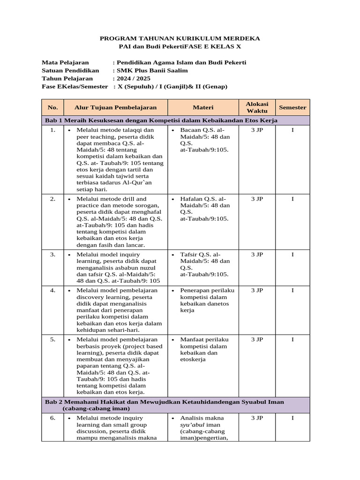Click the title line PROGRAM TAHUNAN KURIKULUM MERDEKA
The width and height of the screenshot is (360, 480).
[x=180, y=38]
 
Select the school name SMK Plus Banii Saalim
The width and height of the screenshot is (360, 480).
[x=152, y=70]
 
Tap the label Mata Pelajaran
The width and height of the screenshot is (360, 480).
[x=65, y=62]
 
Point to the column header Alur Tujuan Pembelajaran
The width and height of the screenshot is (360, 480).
[x=115, y=107]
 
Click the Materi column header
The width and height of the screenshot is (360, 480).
[x=203, y=107]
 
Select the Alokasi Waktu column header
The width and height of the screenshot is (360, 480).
[x=256, y=107]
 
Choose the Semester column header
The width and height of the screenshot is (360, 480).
[x=292, y=107]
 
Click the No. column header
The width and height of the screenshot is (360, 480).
[x=53, y=107]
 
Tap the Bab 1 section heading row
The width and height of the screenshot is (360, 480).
[x=161, y=120]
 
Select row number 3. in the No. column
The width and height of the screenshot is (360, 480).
[x=53, y=254]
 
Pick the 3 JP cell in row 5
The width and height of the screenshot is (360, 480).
[x=257, y=339]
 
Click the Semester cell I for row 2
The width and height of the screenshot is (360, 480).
[x=292, y=199]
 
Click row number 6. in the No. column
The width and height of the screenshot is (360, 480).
[x=53, y=418]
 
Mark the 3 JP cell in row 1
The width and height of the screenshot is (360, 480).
[x=257, y=129]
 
